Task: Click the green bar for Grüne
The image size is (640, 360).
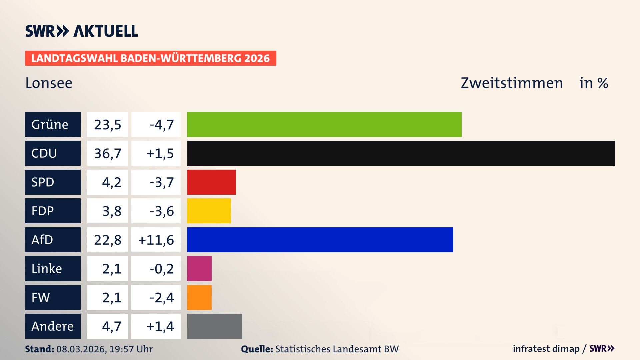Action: (x=324, y=124)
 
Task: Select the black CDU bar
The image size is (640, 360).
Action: (x=401, y=153)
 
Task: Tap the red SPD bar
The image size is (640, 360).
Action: (x=211, y=182)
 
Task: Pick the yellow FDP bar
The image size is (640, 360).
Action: (x=209, y=211)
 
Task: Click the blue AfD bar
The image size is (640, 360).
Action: (x=320, y=240)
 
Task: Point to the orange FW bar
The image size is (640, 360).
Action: (x=199, y=297)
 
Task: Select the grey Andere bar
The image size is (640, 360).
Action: (x=214, y=326)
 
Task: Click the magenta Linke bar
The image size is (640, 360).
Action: (x=199, y=268)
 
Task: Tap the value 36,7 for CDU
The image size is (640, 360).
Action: (x=107, y=153)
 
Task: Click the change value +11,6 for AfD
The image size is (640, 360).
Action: (x=156, y=240)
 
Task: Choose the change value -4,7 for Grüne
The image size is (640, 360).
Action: (x=161, y=125)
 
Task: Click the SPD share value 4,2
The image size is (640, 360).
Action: (x=111, y=182)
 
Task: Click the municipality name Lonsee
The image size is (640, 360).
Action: (x=49, y=83)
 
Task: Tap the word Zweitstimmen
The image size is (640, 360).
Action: (x=512, y=83)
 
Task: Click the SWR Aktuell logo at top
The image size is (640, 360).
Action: (x=81, y=31)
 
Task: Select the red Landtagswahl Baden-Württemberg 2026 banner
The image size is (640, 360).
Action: (x=150, y=58)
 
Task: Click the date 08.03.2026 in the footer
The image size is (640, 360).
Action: (x=81, y=349)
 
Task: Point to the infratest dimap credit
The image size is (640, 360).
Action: (x=546, y=349)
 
